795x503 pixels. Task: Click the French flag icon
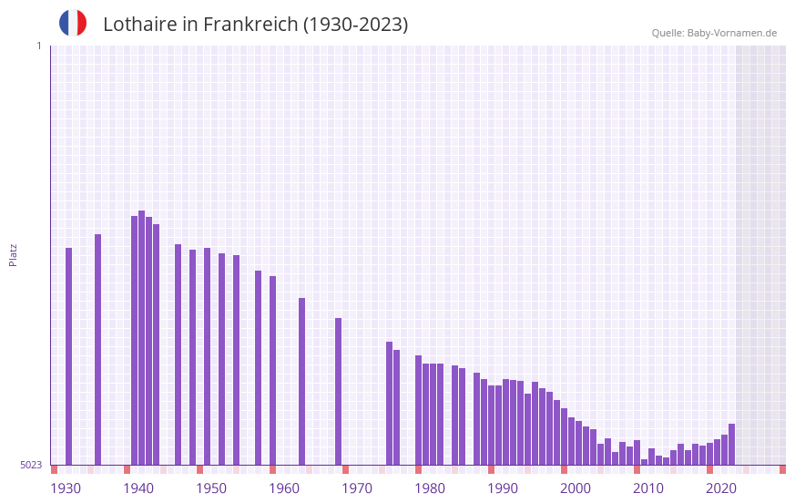73,23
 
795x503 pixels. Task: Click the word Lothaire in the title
138,25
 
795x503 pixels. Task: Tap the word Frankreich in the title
250,25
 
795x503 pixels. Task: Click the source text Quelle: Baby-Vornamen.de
714,33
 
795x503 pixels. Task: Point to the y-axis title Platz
13,254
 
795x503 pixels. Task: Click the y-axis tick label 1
38,46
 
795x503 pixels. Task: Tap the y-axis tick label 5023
31,465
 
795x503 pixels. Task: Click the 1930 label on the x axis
66,488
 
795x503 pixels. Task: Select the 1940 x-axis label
138,488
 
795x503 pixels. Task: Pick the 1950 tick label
211,488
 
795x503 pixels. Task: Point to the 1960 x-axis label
284,488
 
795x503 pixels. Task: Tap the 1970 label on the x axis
357,488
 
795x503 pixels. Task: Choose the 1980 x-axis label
430,488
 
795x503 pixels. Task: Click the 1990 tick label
503,488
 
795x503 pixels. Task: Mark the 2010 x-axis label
648,488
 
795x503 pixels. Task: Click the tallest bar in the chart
141,337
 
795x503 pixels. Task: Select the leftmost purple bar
68,355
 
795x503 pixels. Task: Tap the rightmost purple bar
731,444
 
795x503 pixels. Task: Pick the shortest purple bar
644,461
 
